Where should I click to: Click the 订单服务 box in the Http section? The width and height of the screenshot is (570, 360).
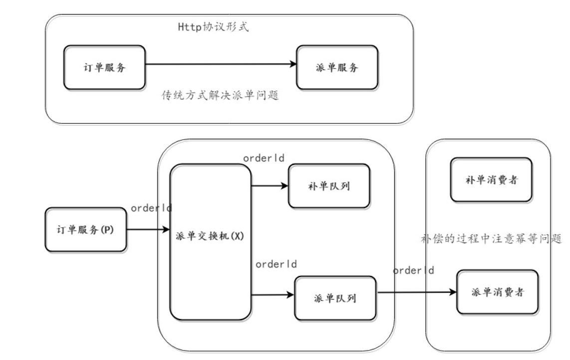coord(104,67)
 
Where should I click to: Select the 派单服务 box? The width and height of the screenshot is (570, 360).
coord(337,68)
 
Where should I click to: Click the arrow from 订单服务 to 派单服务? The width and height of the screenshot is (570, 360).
coord(220,64)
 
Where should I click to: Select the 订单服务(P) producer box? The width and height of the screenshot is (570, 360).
coord(85,230)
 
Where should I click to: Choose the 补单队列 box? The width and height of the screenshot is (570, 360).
coord(329,186)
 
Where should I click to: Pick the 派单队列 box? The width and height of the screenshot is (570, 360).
coord(336,298)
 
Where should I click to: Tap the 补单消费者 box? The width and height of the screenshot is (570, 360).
coord(490,180)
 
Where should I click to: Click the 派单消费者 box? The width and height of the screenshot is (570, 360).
coord(497,292)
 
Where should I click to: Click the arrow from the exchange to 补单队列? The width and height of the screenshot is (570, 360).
coord(270,186)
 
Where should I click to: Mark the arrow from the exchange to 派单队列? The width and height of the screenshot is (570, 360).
coord(273,295)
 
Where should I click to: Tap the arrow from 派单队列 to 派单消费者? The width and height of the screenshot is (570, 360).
coord(417,292)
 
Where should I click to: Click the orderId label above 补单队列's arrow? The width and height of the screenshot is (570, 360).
coord(264,158)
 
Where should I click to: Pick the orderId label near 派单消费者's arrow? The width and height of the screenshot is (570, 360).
coord(413,271)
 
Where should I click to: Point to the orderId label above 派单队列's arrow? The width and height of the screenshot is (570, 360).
coord(276,264)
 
